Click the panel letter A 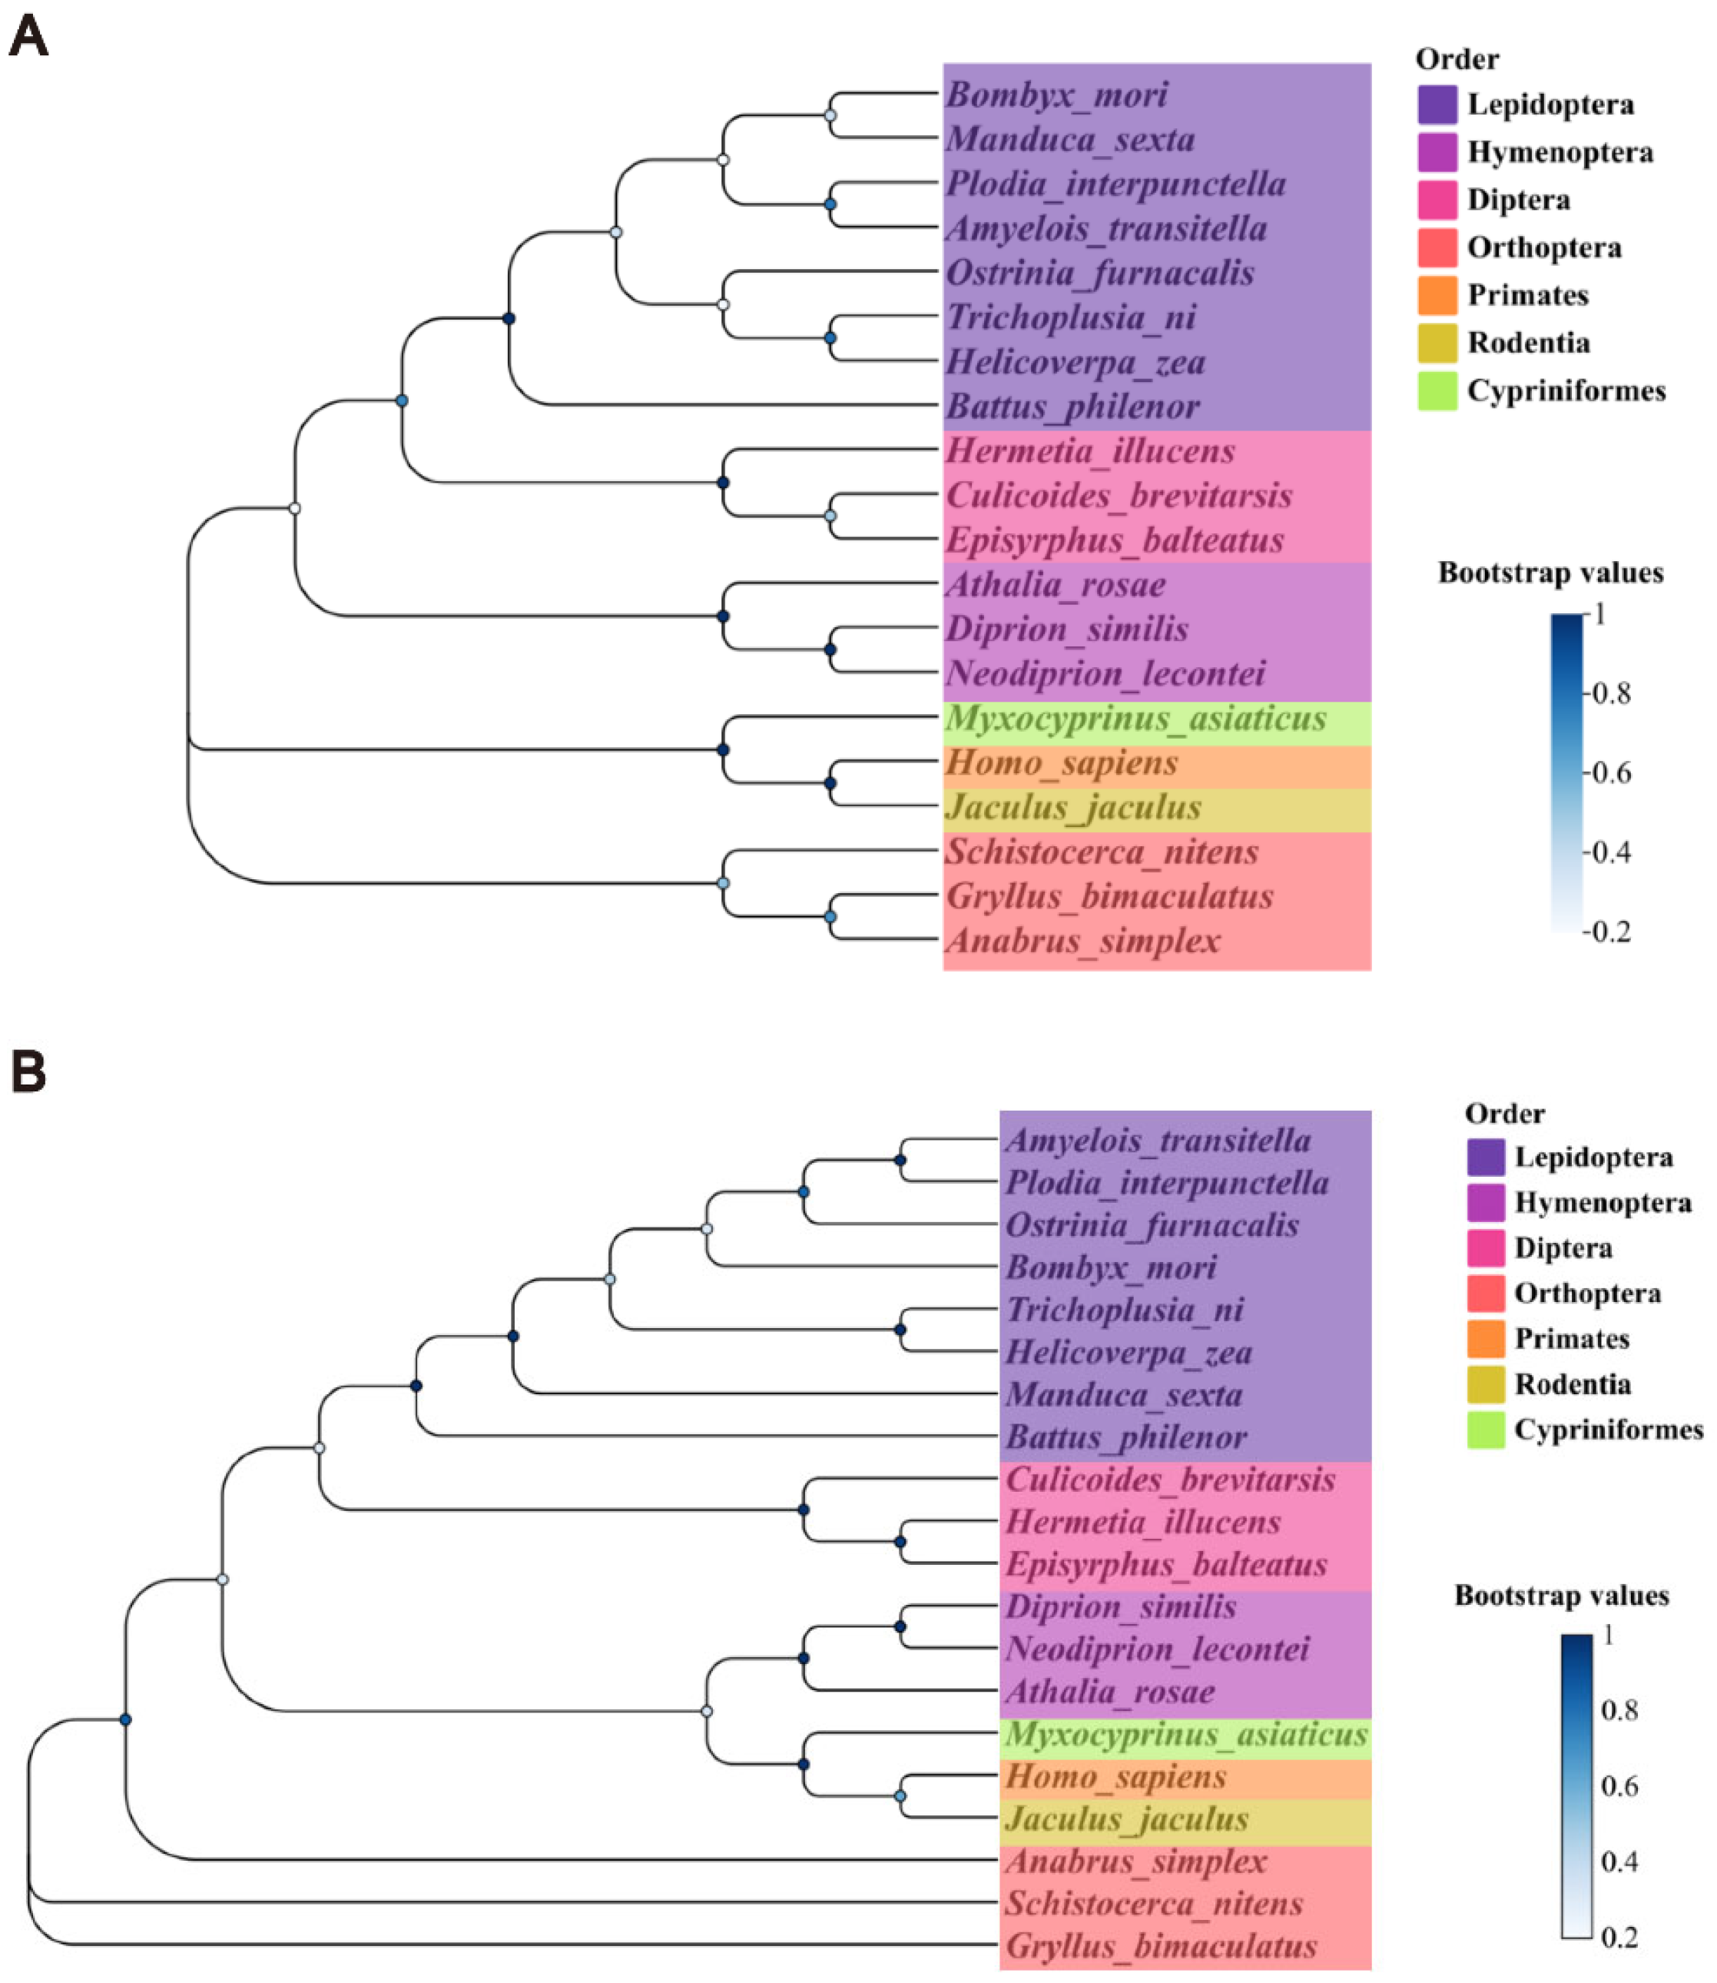(28, 38)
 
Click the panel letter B (28, 1071)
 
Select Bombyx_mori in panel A (1057, 95)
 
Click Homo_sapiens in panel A (1062, 764)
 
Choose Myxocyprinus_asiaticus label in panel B (1186, 1735)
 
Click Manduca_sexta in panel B (1124, 1394)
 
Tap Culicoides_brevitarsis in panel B (1170, 1480)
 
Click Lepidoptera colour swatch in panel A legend (1437, 105)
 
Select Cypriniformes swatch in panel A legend (1437, 391)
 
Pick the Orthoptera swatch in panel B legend (1485, 1294)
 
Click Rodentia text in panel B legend (1573, 1384)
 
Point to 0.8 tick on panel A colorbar (1612, 694)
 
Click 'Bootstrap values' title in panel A (1550, 573)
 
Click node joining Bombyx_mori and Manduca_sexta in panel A (830, 116)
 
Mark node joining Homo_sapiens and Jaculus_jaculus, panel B (900, 1796)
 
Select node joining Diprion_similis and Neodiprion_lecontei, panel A (830, 649)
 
